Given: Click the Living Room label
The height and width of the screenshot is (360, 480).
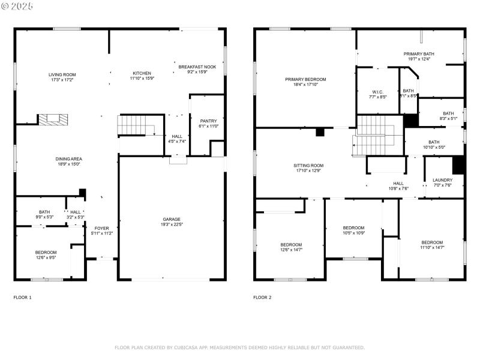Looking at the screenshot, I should point(62,74).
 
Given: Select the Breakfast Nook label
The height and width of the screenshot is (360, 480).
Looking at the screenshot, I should point(197,67).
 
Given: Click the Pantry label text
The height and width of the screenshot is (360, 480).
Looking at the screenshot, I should point(208,121).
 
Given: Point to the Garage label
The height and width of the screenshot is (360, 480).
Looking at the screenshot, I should point(172,219).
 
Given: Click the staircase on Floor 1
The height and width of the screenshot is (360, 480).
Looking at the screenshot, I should point(136,126).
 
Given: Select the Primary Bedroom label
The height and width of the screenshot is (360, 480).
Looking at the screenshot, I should point(305,79).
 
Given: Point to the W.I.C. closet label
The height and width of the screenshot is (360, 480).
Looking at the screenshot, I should point(378,91).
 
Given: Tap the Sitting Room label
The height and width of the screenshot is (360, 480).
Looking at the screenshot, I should point(308,165).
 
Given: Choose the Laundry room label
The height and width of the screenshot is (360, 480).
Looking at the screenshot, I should point(442,179).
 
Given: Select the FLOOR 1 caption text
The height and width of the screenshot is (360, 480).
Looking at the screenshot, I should point(22,297).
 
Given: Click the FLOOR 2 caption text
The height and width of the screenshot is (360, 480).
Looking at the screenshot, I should point(262,297).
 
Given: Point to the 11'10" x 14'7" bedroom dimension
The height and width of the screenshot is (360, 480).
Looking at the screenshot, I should point(431,247).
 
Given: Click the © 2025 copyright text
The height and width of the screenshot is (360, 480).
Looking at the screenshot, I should point(17,6).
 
